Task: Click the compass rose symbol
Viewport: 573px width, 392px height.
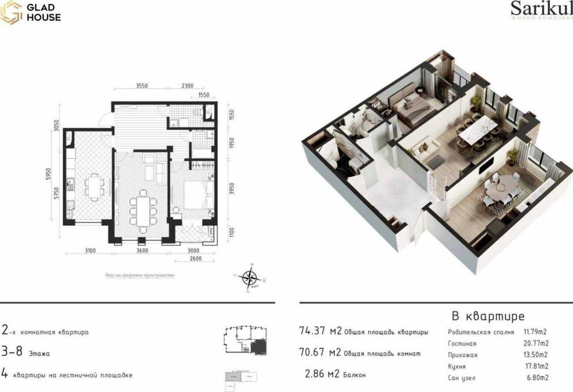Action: [250, 279]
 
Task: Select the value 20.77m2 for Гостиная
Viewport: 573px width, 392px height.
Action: [536, 343]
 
